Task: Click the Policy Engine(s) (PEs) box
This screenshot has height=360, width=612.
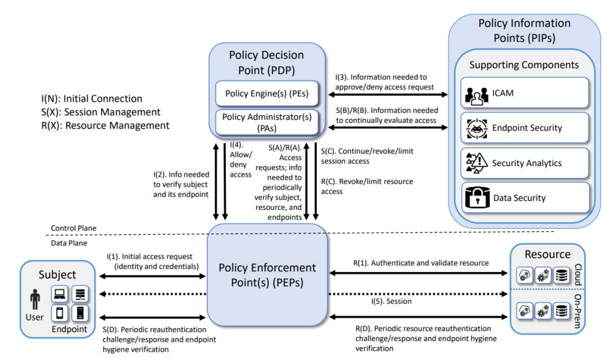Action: coord(267,93)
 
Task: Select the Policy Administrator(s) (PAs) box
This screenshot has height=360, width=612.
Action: coord(267,122)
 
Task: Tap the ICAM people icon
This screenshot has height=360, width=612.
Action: coord(477,96)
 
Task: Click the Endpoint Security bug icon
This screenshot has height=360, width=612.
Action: coord(477,129)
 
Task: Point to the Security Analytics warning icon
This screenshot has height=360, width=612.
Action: coord(477,163)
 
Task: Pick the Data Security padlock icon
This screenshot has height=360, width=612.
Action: coord(477,197)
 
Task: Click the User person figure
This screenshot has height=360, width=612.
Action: coord(35,299)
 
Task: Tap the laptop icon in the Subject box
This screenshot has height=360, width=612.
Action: coord(60,294)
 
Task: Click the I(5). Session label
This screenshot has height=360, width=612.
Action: coord(391,301)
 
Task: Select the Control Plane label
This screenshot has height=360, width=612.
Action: coord(73,228)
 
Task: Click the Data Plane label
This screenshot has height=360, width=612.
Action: coord(69,243)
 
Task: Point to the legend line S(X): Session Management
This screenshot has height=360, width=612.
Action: coord(101,112)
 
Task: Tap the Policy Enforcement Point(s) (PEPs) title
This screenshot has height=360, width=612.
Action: coord(267,275)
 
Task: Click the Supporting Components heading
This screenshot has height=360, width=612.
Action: coord(524,65)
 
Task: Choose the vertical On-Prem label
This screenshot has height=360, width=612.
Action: coord(578,312)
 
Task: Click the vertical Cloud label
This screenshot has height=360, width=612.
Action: coord(578,275)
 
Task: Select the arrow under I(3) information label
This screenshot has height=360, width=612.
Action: coord(388,95)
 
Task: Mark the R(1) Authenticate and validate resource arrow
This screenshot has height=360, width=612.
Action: coord(419,273)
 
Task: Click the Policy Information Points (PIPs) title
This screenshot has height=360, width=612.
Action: coord(524,30)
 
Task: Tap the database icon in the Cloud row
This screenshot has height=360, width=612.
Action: coord(562,275)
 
